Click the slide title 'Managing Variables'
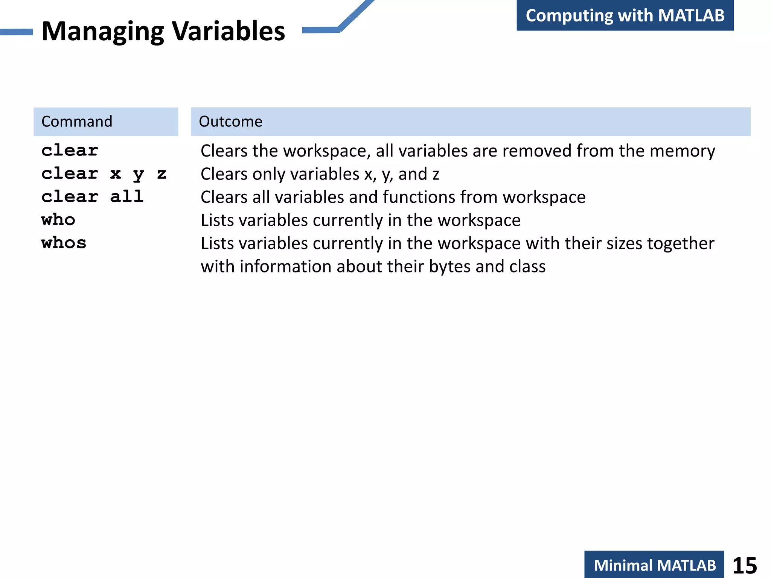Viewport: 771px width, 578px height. tap(163, 31)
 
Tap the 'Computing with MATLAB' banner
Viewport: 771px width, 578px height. tap(625, 15)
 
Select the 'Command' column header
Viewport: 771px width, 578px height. tap(77, 122)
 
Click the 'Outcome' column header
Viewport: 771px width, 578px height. tap(230, 122)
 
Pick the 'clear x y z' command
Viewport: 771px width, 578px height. tap(104, 174)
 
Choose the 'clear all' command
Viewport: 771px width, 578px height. tap(92, 197)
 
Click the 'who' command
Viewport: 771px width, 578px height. tap(58, 220)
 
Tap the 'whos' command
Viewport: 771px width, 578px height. tap(64, 243)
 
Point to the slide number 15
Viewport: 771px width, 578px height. tap(744, 566)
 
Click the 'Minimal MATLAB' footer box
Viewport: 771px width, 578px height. tap(654, 565)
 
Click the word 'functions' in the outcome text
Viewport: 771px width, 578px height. tap(419, 197)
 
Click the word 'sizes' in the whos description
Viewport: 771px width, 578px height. tap(625, 243)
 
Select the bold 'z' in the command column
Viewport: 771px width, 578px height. tap(162, 174)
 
